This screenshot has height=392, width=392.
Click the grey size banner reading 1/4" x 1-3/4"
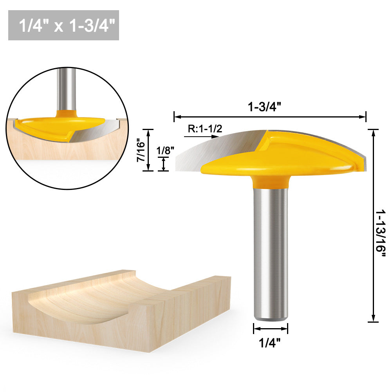(63, 25)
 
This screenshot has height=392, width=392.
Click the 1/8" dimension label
(163, 150)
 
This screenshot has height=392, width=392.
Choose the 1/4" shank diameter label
(270, 343)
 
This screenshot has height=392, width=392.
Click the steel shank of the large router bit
(270, 251)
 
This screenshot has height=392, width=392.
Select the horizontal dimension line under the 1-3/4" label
(270, 116)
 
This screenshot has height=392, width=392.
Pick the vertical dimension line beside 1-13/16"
(374, 226)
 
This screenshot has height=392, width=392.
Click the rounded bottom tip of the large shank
(270, 318)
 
